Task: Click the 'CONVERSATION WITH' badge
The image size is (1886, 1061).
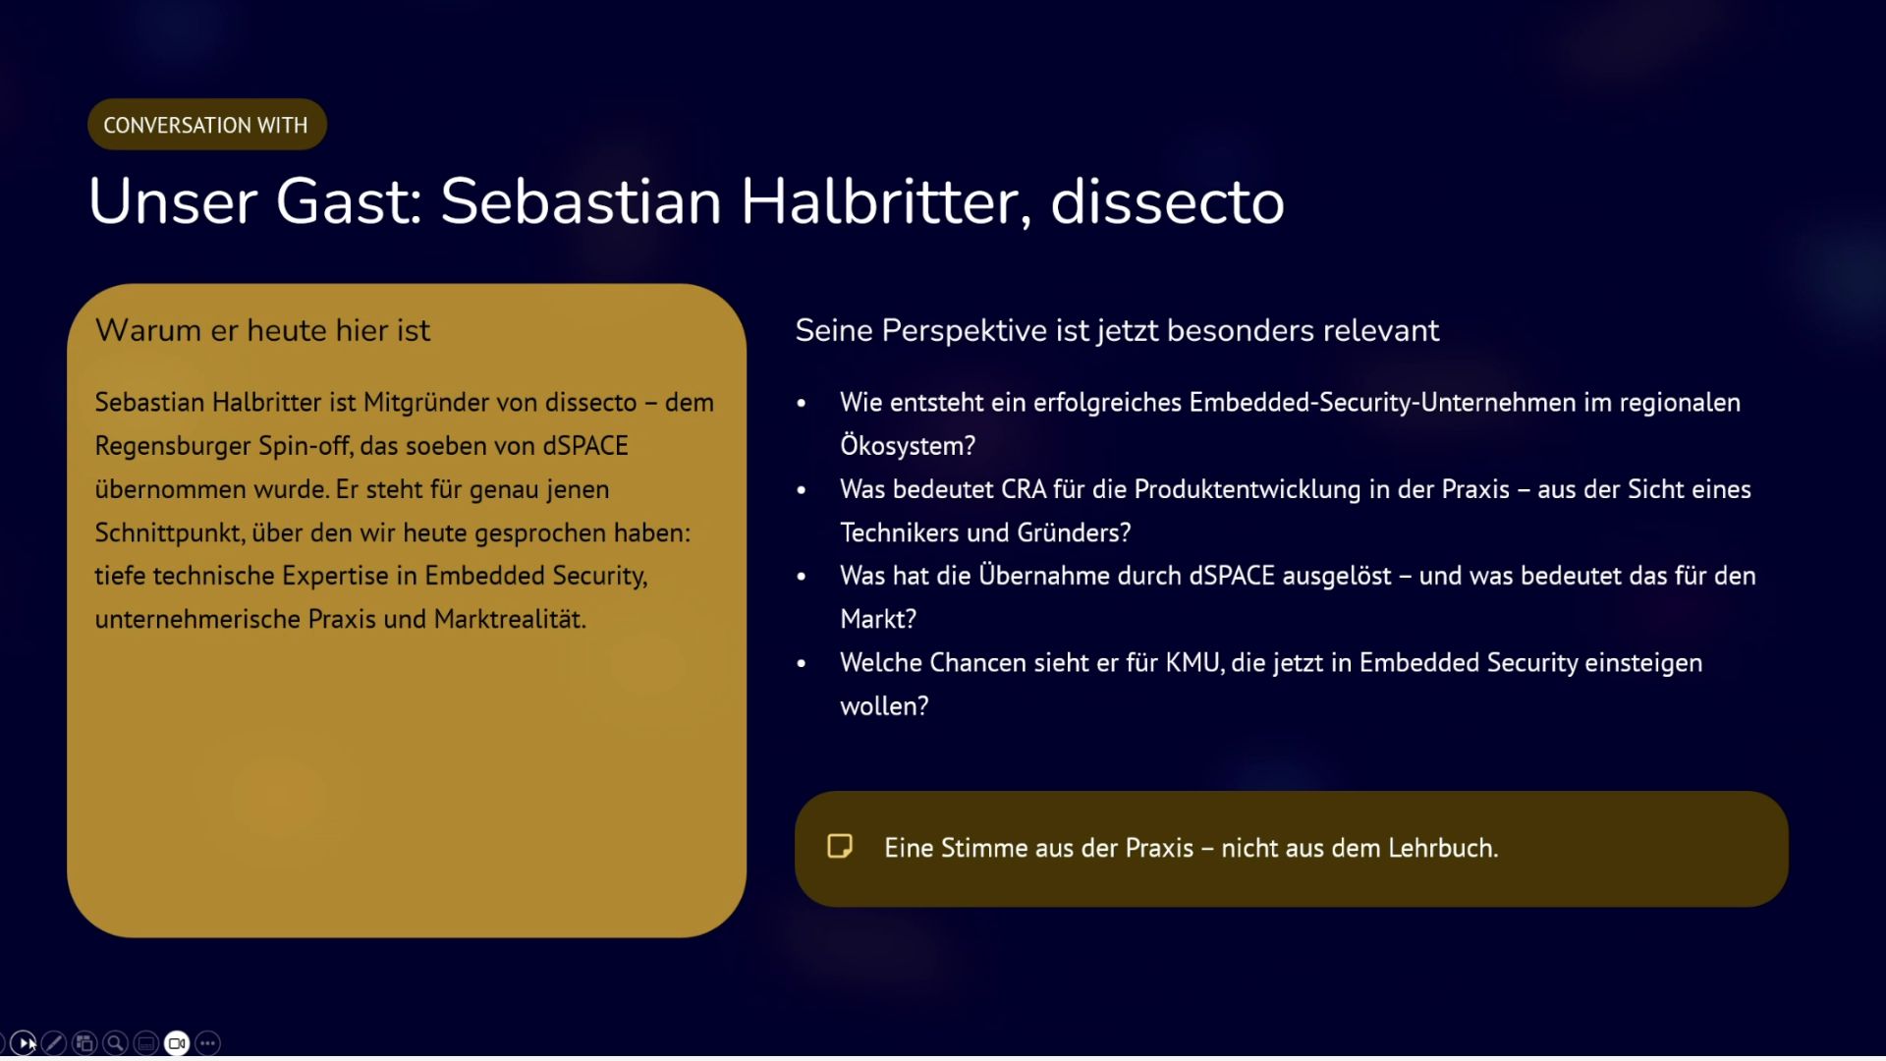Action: click(206, 125)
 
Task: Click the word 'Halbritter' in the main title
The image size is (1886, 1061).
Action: click(885, 201)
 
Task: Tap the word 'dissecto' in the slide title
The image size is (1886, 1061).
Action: click(1167, 201)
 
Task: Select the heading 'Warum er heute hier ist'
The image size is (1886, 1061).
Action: click(262, 330)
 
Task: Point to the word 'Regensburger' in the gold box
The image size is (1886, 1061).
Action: click(173, 446)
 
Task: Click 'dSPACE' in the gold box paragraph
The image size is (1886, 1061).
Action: click(585, 446)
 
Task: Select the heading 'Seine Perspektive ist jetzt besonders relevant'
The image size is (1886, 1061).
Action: click(1117, 330)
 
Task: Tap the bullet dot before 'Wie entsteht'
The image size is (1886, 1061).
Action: click(802, 403)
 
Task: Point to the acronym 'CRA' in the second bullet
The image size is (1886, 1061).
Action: click(1024, 489)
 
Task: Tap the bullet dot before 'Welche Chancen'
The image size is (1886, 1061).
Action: click(802, 663)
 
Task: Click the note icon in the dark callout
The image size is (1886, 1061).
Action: click(840, 847)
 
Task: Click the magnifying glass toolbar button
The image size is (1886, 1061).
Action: click(115, 1043)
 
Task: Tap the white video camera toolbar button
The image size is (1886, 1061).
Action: click(177, 1043)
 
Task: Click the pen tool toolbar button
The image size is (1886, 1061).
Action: click(54, 1043)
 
